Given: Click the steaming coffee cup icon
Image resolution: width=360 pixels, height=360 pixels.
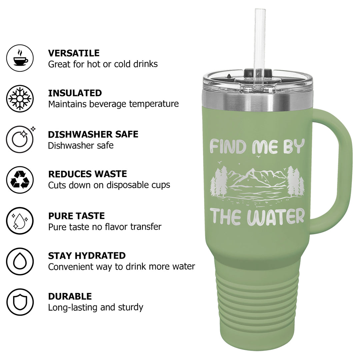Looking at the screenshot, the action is (20, 58).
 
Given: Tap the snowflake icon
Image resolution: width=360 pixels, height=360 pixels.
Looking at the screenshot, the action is (20, 98).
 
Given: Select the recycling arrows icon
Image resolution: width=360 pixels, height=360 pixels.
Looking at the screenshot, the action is (20, 180).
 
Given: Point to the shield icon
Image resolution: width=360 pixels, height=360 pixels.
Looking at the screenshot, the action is (20, 302).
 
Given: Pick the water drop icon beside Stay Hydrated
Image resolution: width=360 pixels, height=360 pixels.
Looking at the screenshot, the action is (20, 261).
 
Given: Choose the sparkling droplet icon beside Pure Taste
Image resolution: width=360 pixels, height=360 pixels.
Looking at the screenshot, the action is (20, 221).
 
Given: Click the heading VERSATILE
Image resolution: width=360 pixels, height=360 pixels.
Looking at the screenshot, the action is (74, 53).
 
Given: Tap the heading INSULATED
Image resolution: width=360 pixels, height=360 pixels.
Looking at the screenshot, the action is (75, 93).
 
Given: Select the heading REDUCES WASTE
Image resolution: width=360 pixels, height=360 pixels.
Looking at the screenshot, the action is (87, 174).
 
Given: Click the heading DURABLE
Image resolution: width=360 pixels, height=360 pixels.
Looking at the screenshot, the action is (70, 296).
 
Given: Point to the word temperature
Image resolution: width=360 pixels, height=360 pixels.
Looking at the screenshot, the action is (154, 104).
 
